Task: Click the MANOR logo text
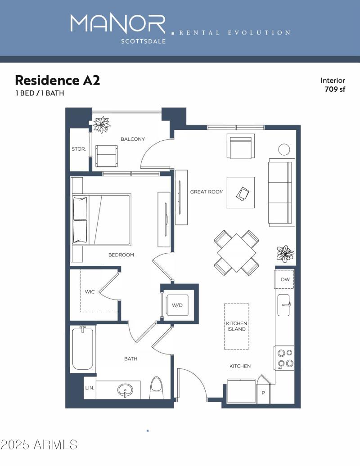pyautogui.click(x=118, y=24)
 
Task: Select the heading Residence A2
pyautogui.click(x=57, y=80)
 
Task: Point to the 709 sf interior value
pyautogui.click(x=335, y=89)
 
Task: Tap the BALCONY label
pyautogui.click(x=133, y=139)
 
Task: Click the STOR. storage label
pyautogui.click(x=79, y=149)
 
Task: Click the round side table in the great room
pyautogui.click(x=284, y=149)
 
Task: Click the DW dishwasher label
pyautogui.click(x=285, y=279)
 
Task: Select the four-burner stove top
pyautogui.click(x=284, y=358)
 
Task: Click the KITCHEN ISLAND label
pyautogui.click(x=236, y=326)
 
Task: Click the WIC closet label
pyautogui.click(x=90, y=292)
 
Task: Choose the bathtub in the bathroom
pyautogui.click(x=83, y=349)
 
